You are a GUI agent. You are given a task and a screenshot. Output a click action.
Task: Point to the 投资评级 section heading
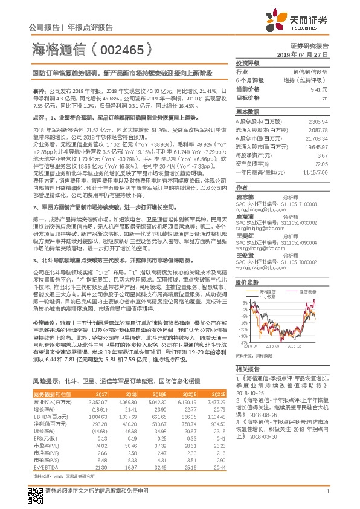[248, 63]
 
